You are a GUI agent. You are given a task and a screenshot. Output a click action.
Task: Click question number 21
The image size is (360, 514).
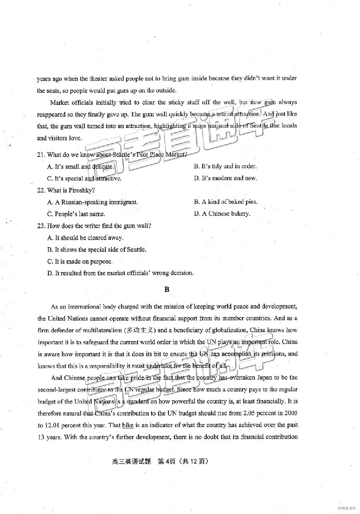41,155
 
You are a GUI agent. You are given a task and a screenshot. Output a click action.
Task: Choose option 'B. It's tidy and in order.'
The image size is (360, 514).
225,166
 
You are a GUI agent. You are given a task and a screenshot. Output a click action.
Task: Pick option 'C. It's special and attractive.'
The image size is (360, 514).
84,179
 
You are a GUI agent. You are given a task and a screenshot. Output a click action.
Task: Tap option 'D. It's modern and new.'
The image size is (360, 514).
225,178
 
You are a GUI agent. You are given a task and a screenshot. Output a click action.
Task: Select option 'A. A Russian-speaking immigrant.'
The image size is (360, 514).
92,202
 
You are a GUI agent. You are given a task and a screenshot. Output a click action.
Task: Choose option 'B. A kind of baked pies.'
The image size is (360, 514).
226,202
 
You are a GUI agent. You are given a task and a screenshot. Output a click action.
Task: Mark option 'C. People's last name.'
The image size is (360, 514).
76,214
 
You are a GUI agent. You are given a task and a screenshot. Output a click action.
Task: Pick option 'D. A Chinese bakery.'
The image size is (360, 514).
222,214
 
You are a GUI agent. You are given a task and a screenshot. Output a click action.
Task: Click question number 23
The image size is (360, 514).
41,226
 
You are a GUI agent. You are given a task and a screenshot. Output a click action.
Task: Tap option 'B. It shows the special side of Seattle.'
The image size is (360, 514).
96,249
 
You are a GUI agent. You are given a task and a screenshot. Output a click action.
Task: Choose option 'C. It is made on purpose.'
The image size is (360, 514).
80,261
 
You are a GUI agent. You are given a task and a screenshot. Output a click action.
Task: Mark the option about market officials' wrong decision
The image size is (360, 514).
120,273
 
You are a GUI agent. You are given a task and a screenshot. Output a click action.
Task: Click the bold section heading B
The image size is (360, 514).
167,289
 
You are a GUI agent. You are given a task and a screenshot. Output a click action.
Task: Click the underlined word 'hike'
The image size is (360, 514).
127,425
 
